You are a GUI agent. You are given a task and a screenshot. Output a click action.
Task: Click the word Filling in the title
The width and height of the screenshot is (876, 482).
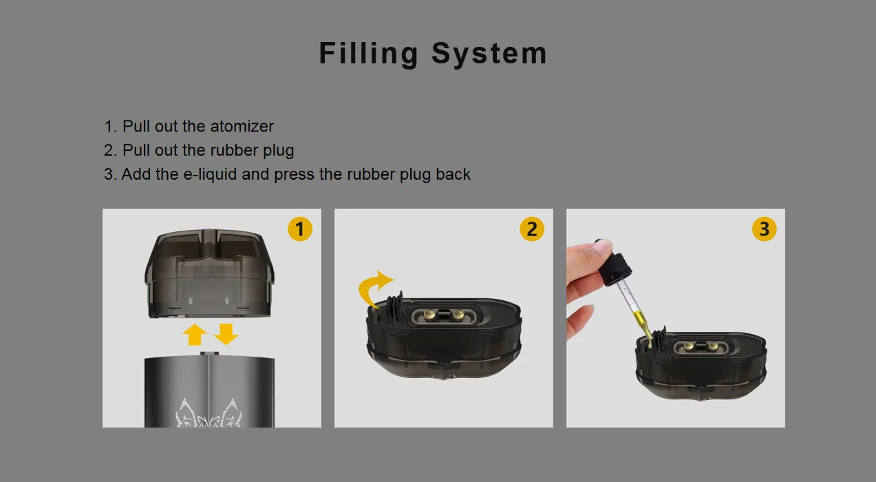(369, 54)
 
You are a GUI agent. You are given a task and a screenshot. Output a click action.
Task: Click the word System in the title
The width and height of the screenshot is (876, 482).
(489, 54)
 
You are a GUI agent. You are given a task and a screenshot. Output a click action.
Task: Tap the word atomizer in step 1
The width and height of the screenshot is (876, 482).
(242, 127)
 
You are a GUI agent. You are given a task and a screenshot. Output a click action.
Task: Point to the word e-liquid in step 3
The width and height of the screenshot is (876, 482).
(210, 174)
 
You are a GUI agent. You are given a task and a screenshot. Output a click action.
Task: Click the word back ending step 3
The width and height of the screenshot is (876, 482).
(453, 174)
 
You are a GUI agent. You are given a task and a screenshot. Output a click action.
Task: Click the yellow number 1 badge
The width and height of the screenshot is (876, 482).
(300, 229)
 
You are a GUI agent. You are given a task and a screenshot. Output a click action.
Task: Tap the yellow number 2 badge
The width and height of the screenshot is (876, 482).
(532, 229)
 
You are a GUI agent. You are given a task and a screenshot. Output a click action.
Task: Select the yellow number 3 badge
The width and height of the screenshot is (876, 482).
(764, 229)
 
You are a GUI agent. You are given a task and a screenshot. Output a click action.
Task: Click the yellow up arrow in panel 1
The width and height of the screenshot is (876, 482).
(194, 335)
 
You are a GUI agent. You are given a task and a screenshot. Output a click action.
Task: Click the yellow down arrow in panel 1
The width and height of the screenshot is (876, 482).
(226, 334)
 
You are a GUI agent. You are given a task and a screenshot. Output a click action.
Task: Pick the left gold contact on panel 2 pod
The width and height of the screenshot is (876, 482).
(429, 314)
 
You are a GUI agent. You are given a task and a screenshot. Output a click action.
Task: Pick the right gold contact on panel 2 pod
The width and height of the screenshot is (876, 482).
(458, 314)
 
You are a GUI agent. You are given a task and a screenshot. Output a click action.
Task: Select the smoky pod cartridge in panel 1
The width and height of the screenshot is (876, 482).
(209, 273)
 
